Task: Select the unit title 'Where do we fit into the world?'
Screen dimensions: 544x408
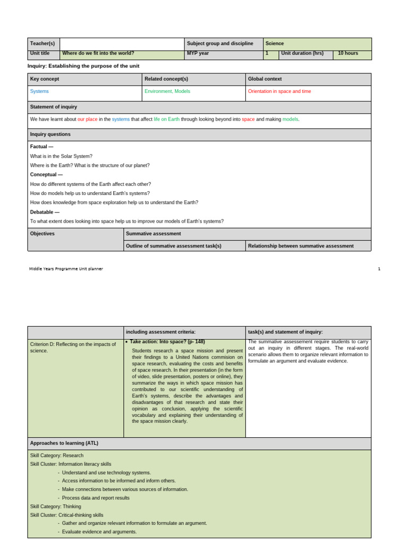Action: tap(98, 54)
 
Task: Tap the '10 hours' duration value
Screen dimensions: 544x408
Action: tap(348, 54)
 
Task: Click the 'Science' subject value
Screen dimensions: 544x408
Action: tap(275, 44)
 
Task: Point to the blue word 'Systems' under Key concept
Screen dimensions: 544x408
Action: tap(39, 91)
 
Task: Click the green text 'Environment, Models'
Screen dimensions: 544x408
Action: tap(167, 91)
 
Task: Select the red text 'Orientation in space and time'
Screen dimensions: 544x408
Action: tap(279, 91)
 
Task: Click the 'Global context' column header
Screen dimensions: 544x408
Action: tap(265, 79)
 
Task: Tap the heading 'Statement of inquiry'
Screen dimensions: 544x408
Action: tap(54, 107)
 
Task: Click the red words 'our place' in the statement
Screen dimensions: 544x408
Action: tap(88, 120)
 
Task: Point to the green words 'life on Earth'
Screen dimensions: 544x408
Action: tap(167, 120)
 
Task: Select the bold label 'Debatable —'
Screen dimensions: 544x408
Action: tap(45, 212)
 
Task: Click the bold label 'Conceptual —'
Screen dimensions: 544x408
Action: tap(46, 175)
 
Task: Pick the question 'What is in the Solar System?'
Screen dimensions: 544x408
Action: tap(61, 156)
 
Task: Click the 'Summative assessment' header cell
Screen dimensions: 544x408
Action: tap(154, 234)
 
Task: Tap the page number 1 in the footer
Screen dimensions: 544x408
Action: tap(379, 269)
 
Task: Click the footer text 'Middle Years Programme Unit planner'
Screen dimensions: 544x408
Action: tap(66, 269)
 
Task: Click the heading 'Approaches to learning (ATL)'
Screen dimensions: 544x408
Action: tap(64, 443)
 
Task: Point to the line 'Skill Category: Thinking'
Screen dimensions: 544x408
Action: tap(56, 506)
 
